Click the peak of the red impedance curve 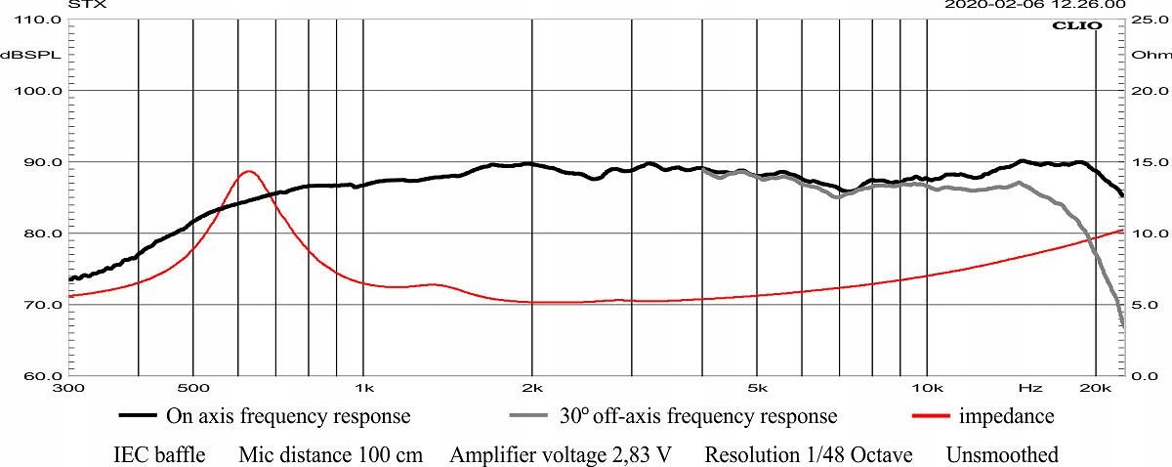pyautogui.click(x=248, y=172)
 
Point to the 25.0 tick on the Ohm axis pyautogui.click(x=1144, y=20)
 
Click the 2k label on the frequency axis pyautogui.click(x=532, y=388)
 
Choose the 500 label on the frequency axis pyautogui.click(x=193, y=388)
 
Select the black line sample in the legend pyautogui.click(x=140, y=416)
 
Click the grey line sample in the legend pyautogui.click(x=531, y=416)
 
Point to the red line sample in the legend pyautogui.click(x=931, y=416)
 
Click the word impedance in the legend pyautogui.click(x=1006, y=416)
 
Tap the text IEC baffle pyautogui.click(x=159, y=455)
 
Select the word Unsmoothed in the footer pyautogui.click(x=1002, y=455)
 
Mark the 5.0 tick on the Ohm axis pyautogui.click(x=1144, y=305)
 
